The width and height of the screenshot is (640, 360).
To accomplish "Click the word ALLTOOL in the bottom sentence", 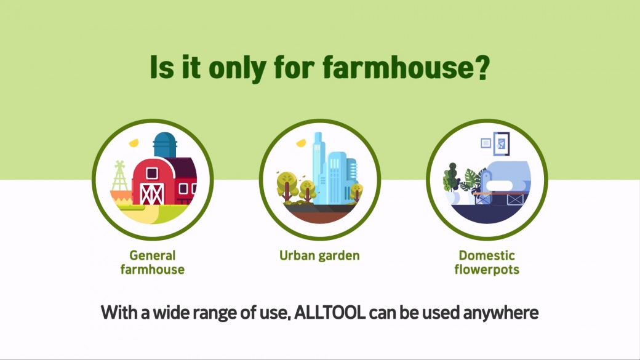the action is [x=330, y=313].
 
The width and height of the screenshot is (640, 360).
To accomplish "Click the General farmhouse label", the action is [x=152, y=262].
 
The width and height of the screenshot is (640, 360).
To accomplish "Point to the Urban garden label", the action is [x=319, y=256].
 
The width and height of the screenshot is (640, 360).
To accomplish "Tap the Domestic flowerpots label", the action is [x=487, y=262].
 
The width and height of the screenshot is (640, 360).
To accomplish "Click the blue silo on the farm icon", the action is [x=165, y=145].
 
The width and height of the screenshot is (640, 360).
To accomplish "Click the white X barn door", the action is [x=152, y=194].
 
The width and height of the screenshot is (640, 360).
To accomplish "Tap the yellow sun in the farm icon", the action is [x=134, y=143].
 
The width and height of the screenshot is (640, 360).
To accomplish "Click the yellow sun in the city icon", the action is [x=301, y=143].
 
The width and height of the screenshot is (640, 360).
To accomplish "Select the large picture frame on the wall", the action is [x=501, y=143].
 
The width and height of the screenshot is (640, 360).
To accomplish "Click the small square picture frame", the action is [x=486, y=143].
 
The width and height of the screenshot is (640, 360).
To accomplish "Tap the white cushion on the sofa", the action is [x=499, y=186].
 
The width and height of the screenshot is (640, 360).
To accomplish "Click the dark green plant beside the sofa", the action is [x=450, y=178].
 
